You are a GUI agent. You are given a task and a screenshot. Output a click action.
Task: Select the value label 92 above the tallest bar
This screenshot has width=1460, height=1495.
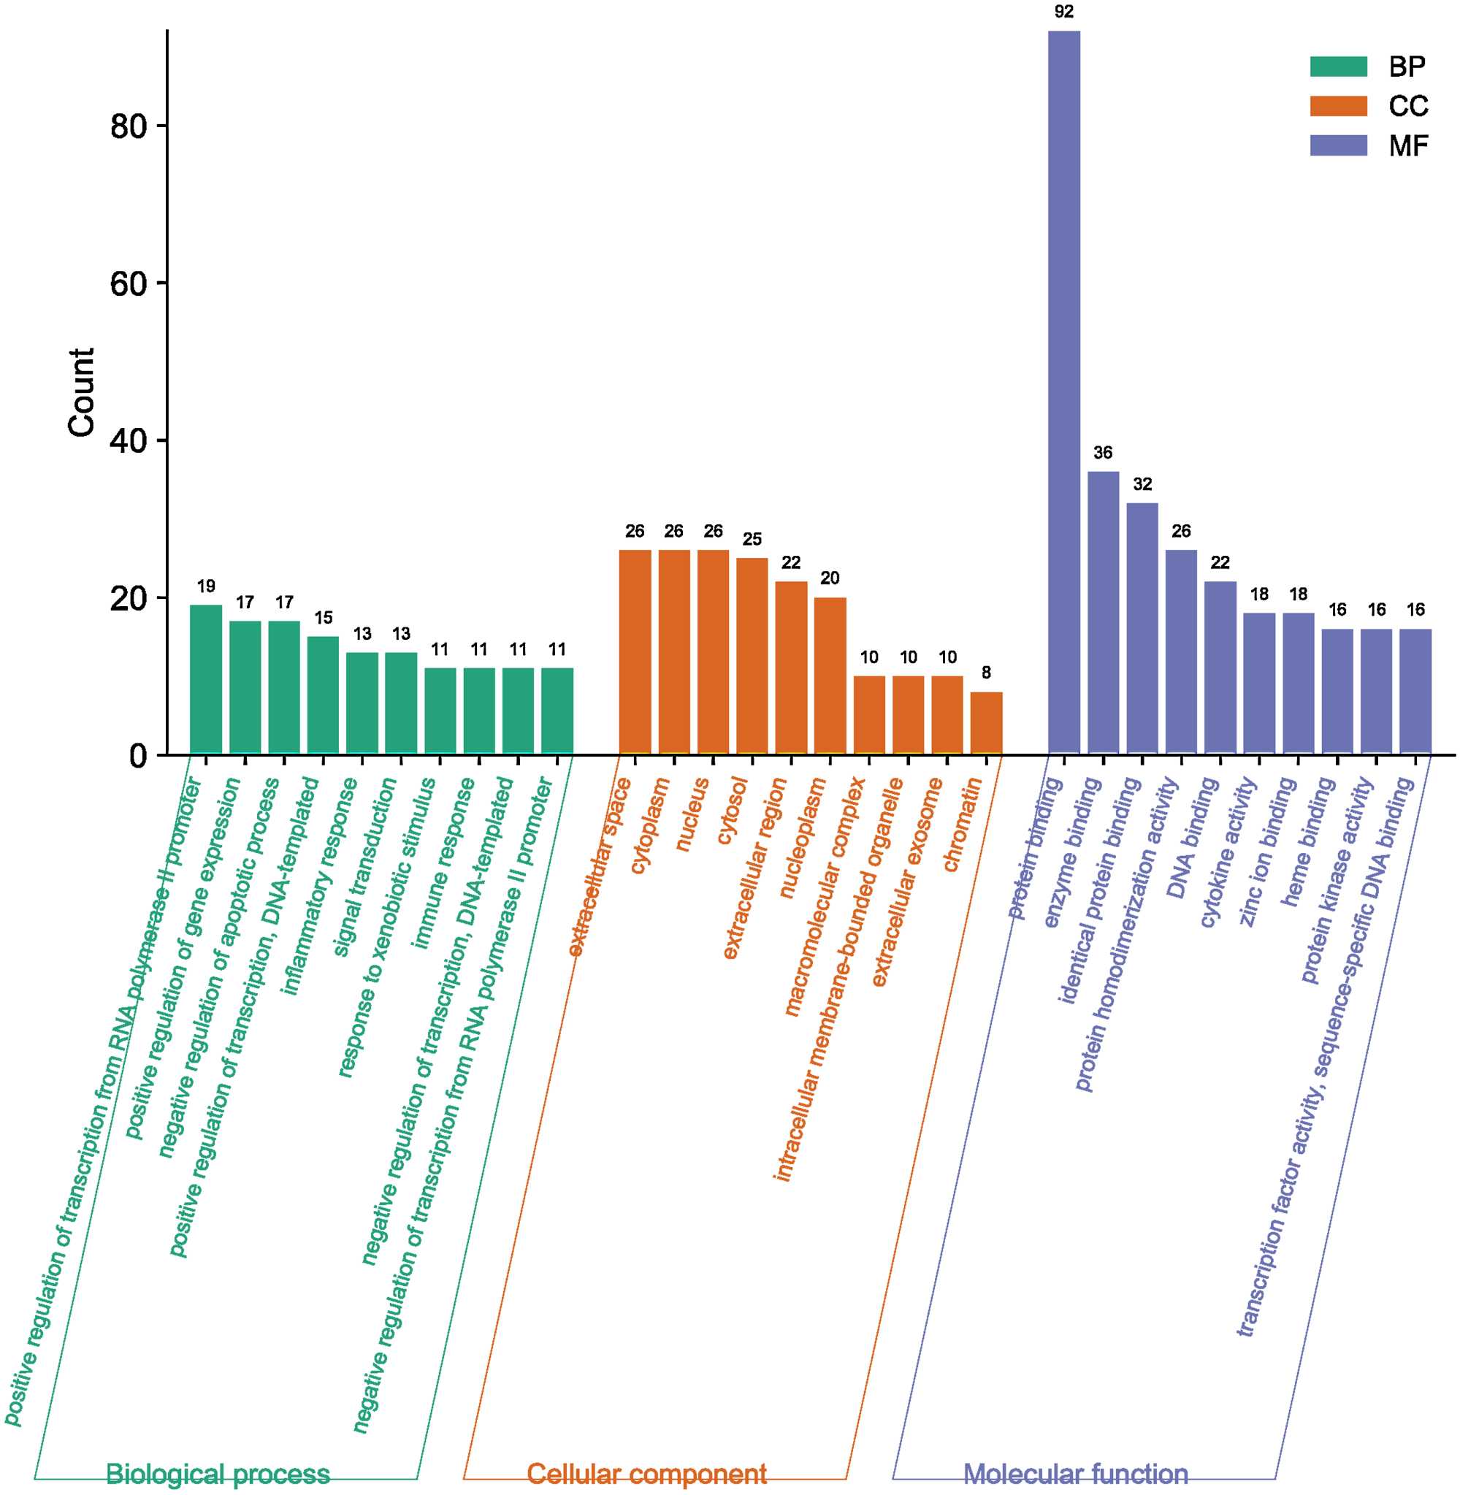click(x=1063, y=12)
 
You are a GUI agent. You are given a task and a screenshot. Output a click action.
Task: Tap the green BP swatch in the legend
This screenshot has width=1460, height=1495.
click(x=1338, y=66)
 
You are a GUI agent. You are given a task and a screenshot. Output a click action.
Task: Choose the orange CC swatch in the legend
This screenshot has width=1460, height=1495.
click(x=1338, y=106)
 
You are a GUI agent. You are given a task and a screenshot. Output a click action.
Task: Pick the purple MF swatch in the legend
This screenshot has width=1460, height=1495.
click(x=1338, y=145)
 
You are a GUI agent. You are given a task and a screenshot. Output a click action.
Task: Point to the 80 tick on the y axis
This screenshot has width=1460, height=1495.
click(x=128, y=126)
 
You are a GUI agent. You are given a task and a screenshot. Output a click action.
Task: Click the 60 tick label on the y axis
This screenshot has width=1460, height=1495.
click(x=128, y=283)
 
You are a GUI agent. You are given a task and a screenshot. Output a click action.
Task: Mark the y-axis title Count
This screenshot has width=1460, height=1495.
click(x=81, y=392)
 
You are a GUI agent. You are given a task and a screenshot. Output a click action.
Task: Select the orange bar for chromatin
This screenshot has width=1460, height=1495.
click(x=986, y=723)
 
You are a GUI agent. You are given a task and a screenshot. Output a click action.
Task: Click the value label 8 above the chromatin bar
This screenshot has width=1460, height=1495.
click(x=986, y=673)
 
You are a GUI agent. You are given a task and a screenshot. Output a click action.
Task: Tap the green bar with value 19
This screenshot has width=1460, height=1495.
click(x=205, y=679)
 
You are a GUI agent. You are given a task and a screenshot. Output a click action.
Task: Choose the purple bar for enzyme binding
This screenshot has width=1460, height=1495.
click(x=1103, y=613)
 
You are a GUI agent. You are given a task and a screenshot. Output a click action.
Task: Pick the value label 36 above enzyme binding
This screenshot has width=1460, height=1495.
click(x=1103, y=452)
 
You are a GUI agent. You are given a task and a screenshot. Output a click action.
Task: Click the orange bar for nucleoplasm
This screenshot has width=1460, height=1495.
click(x=830, y=676)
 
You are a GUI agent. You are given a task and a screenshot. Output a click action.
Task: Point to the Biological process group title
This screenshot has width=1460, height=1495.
click(x=218, y=1474)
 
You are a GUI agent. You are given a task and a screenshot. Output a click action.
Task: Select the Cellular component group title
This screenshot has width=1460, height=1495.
click(x=646, y=1474)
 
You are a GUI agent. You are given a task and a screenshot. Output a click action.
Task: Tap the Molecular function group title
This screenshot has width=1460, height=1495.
click(x=1075, y=1474)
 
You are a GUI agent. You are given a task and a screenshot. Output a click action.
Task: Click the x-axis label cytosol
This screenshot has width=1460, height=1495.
click(x=733, y=811)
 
